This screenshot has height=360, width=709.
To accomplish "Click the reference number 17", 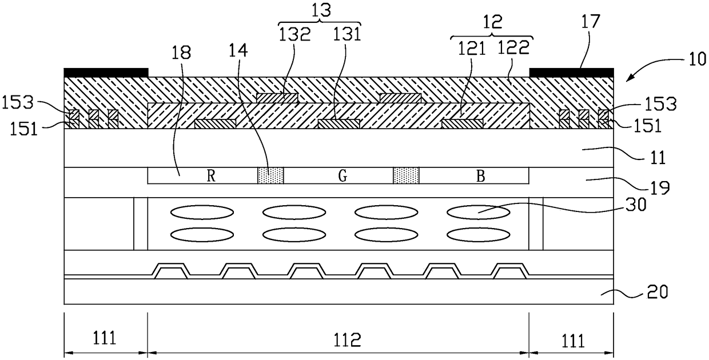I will (592, 22).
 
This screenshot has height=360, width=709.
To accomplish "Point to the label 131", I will (347, 35).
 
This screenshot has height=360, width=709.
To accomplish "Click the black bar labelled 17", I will (571, 73).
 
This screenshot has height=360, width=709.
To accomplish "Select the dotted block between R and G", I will (270, 176).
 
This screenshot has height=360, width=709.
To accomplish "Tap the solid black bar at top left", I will (106, 73).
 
